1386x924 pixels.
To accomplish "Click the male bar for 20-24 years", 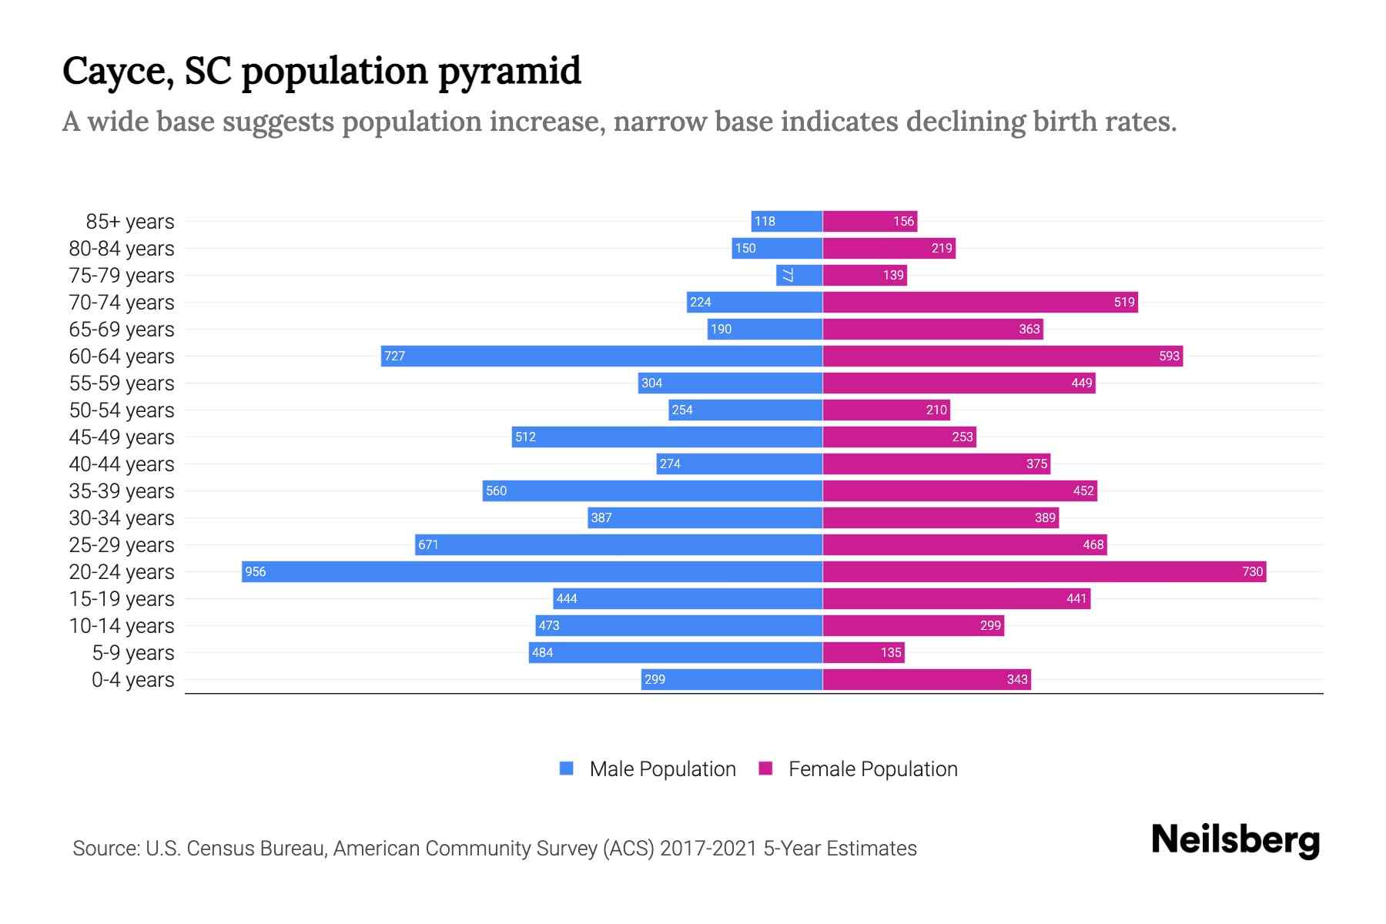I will (x=531, y=571).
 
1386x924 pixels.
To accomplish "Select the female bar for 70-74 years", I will (x=979, y=302).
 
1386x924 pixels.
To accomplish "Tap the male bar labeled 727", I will (x=601, y=356).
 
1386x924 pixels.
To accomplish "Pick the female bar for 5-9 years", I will (x=863, y=652).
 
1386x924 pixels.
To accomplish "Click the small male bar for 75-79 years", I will (x=798, y=275).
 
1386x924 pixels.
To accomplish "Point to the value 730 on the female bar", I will (x=1252, y=571).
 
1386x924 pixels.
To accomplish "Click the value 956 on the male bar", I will (x=256, y=571).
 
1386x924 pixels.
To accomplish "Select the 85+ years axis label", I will (x=130, y=222).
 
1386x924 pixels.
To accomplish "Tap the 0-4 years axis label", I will (x=132, y=680).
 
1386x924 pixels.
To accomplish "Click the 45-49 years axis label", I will (x=122, y=437).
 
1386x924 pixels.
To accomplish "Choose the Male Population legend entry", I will (x=662, y=768).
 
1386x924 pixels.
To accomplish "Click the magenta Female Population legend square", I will (x=765, y=768).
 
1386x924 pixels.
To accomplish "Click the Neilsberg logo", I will (x=1235, y=840).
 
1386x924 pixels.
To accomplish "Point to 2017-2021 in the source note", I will (x=708, y=849).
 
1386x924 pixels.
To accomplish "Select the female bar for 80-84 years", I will (x=889, y=248).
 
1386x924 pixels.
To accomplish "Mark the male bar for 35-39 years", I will (x=652, y=490).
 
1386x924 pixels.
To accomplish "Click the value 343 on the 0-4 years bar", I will (x=1016, y=679).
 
